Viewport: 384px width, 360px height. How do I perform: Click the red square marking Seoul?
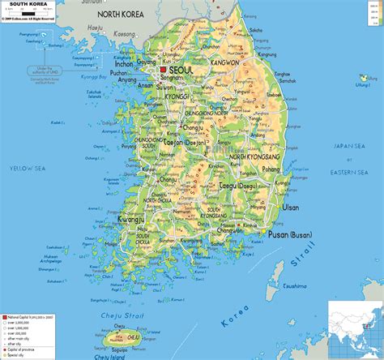(163, 71)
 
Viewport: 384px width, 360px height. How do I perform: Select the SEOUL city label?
(182, 71)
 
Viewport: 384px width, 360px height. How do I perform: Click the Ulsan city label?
(290, 208)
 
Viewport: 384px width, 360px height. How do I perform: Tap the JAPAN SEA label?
(349, 146)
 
